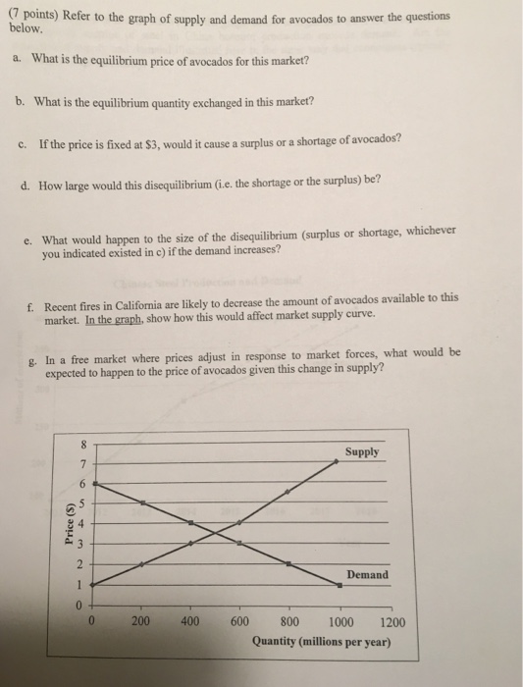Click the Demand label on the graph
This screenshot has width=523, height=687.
[367, 574]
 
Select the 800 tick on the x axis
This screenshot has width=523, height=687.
[288, 621]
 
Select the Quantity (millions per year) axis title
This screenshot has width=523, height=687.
[321, 643]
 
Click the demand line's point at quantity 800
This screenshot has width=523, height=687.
[288, 563]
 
